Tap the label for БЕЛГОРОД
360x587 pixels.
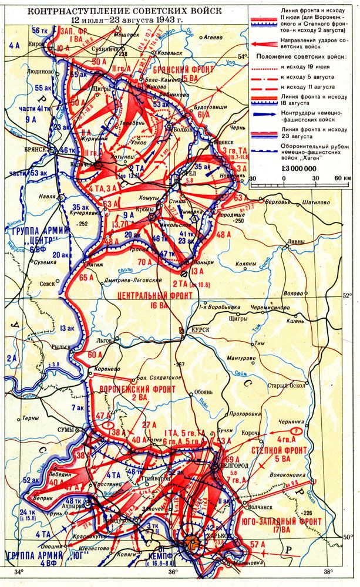pyautogui.click(x=233, y=465)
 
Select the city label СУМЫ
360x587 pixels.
pyautogui.click(x=64, y=430)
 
